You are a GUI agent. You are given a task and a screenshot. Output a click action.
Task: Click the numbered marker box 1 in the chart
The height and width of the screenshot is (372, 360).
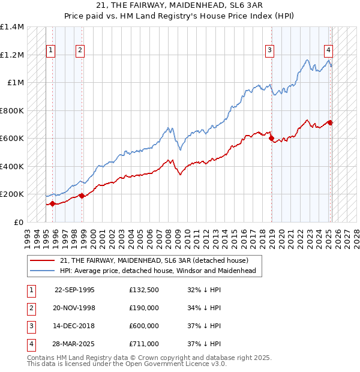[50, 51]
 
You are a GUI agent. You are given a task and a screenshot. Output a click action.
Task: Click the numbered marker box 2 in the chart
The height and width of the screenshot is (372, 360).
[80, 51]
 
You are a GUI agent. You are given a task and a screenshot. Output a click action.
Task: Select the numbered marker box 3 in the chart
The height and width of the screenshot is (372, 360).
[270, 51]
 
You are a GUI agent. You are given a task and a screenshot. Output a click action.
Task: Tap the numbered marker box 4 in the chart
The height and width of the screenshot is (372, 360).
[329, 51]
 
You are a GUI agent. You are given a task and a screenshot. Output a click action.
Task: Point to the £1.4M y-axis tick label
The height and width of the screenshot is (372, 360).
[12, 28]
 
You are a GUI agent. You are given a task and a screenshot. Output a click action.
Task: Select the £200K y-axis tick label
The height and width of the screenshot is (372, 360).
[12, 194]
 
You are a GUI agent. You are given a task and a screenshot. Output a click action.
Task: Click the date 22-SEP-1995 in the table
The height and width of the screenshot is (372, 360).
[74, 290]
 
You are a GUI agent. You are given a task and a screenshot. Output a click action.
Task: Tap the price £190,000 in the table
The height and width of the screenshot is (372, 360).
[144, 308]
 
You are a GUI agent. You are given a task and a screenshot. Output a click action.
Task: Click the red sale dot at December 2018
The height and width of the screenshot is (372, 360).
[271, 139]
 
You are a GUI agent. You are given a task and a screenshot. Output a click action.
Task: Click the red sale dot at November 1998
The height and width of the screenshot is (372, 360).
[82, 196]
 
